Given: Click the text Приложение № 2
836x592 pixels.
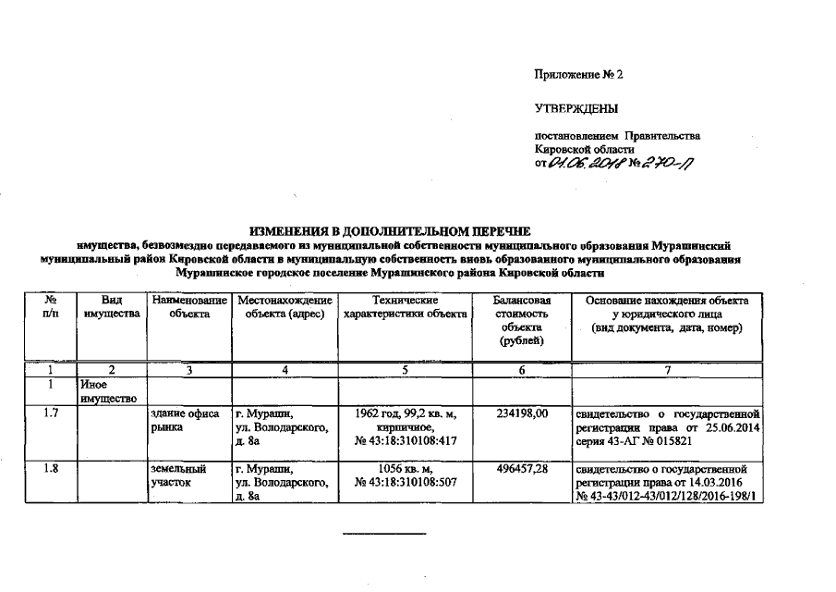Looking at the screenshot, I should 579,74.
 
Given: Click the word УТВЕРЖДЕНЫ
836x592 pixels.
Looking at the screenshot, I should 576,109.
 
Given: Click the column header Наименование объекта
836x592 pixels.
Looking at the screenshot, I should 189,308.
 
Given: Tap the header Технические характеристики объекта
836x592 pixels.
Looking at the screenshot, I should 405,308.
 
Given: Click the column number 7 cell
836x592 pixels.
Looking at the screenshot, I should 669,370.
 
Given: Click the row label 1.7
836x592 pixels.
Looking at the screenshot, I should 52,413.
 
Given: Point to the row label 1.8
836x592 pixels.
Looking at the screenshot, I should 52,470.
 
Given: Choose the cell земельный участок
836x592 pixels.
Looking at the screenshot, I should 177,475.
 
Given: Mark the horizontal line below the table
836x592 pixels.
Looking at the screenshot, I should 385,535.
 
